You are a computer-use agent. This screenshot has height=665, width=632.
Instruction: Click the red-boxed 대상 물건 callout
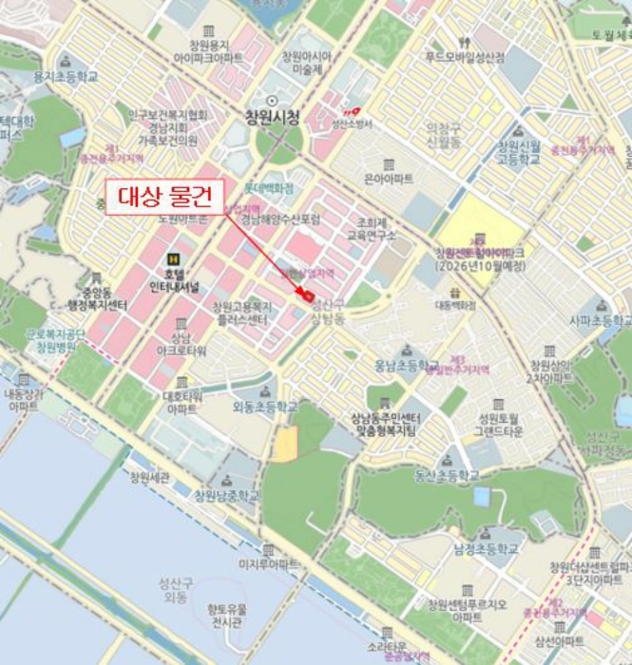(163, 197)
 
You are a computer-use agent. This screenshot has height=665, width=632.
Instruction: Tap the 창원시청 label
(272, 118)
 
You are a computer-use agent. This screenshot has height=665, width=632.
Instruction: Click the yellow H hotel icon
(173, 258)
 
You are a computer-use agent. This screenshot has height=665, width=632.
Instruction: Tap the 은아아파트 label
(389, 178)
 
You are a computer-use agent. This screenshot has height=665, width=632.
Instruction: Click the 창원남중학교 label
(226, 495)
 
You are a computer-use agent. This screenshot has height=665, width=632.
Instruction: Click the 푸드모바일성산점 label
(465, 57)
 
